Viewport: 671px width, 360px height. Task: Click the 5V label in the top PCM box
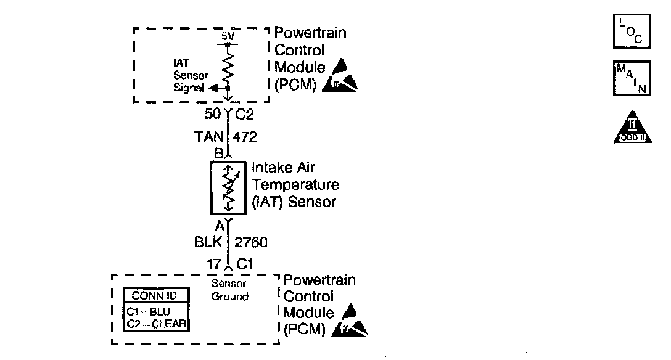[x=228, y=36]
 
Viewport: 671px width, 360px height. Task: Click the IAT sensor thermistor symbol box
[x=228, y=187]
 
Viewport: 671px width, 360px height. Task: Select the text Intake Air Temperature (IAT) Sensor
[x=295, y=184]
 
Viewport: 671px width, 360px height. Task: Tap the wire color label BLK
[x=208, y=243]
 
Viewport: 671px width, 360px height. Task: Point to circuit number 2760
[x=250, y=243]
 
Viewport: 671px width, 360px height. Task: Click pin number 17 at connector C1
[x=213, y=264]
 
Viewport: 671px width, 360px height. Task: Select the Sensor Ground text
[x=229, y=290]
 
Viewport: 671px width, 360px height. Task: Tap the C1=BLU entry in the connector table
[x=149, y=312]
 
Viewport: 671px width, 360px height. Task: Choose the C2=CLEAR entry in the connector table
[x=156, y=324]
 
